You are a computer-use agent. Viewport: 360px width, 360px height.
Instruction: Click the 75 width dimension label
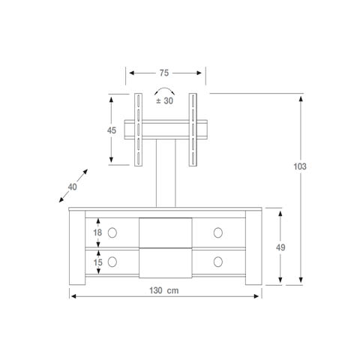[164, 73]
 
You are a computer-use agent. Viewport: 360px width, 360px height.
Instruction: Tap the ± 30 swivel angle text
[164, 101]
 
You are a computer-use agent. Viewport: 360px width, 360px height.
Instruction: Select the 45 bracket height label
[112, 130]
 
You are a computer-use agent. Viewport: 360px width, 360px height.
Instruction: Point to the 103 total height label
[300, 166]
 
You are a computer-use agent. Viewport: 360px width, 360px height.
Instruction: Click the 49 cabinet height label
[280, 247]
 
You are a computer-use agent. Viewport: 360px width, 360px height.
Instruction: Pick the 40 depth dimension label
[72, 187]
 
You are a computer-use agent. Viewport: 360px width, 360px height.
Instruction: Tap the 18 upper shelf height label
[97, 232]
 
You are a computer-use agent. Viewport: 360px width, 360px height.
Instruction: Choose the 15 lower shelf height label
[98, 262]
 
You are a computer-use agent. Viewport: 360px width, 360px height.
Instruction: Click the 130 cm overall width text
[164, 290]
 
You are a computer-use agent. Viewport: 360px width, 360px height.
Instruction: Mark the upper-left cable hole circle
[112, 232]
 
